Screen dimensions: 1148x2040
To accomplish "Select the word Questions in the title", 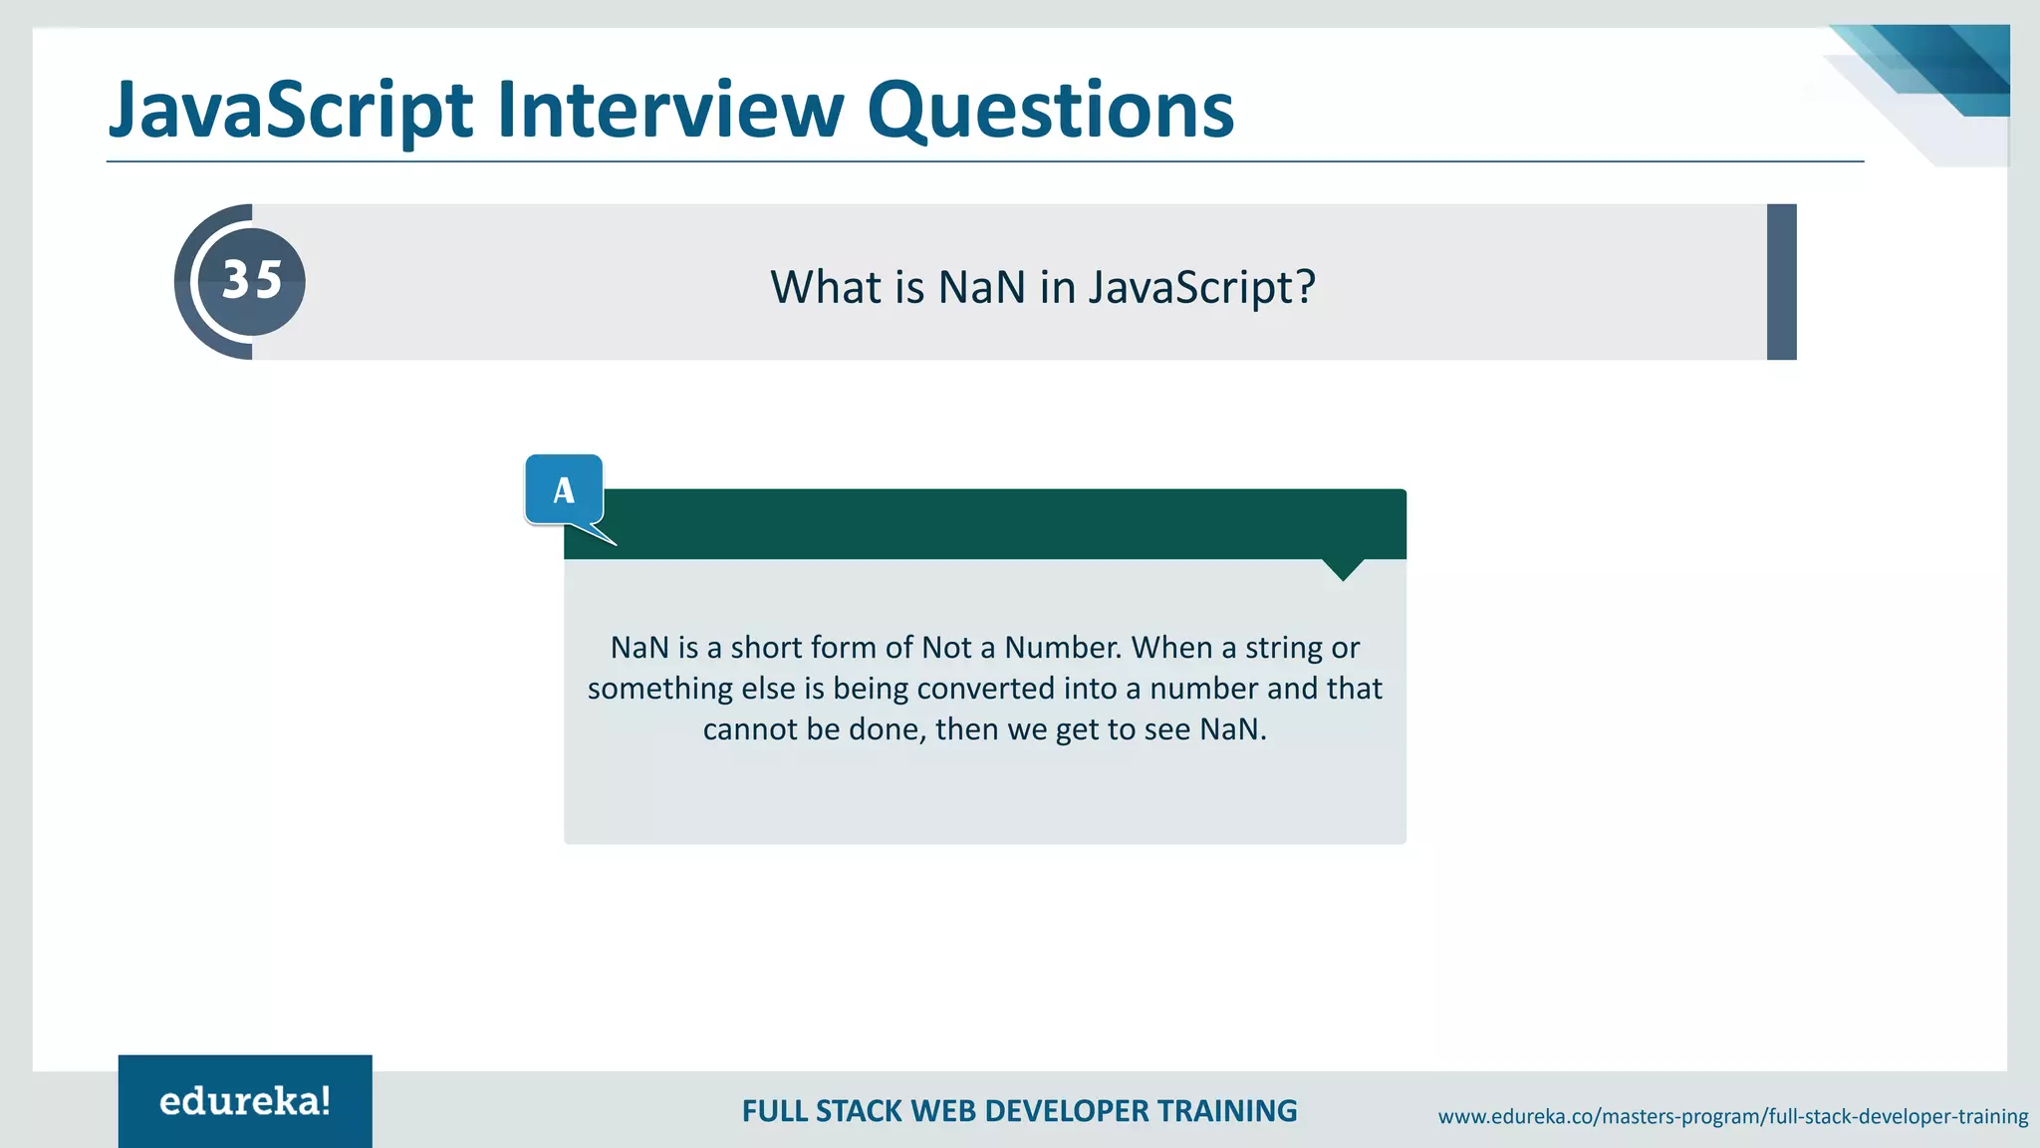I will [1050, 110].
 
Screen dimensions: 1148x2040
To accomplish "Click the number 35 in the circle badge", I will [252, 280].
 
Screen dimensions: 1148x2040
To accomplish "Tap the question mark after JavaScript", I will [1305, 288].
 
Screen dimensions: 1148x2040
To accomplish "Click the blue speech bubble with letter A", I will [564, 489].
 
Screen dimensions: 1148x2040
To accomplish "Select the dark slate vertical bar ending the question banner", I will [1781, 282].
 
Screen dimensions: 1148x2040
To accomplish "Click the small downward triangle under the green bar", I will [1343, 569].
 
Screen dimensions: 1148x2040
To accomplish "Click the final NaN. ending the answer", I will [1233, 729].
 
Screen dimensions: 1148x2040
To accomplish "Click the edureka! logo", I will [245, 1101].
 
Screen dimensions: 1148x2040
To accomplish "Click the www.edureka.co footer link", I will [1732, 1117].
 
